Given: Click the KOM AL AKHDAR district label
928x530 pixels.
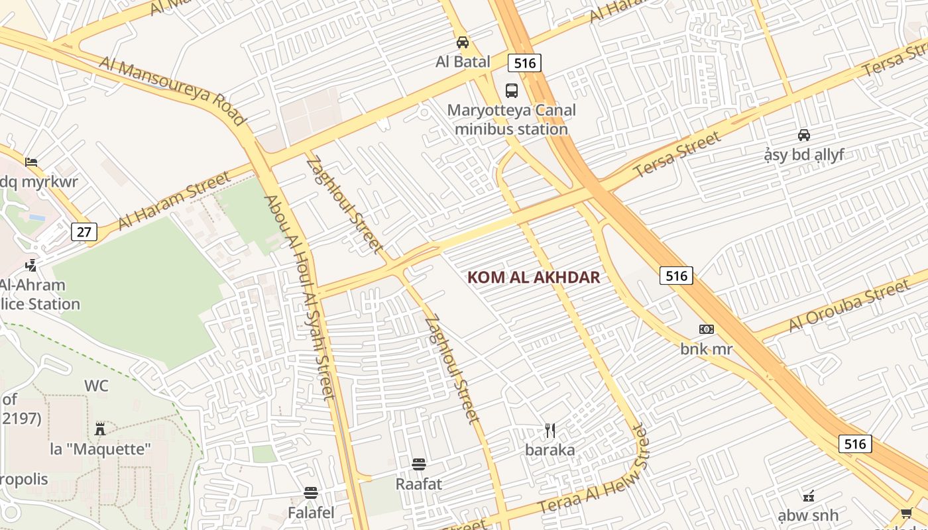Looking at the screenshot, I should [x=534, y=278].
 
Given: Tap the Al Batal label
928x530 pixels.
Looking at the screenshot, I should [x=463, y=62].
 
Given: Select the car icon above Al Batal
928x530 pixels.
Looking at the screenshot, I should [x=463, y=42].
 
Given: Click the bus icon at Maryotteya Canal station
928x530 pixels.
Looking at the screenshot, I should [x=511, y=91].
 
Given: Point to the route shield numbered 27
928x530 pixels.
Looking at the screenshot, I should [x=84, y=232].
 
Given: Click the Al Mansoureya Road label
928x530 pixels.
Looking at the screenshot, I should [x=173, y=91].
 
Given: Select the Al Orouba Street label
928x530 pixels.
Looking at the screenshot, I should [x=848, y=306].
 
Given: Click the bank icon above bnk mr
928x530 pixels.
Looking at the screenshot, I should [x=706, y=329].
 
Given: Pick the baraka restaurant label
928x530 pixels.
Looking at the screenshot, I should [x=550, y=450].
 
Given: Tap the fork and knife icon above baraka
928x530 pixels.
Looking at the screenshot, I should [x=550, y=431].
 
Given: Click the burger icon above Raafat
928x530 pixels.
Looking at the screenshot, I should [x=418, y=464].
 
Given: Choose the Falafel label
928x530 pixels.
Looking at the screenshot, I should [x=311, y=513].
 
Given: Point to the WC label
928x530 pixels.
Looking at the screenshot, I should [x=96, y=386].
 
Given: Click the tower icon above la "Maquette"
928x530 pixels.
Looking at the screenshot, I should [x=100, y=429].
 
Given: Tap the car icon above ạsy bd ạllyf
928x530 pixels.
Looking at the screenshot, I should [x=803, y=135].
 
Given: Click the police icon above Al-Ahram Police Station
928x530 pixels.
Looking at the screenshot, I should [x=30, y=266].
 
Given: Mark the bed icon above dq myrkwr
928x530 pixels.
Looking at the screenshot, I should [x=30, y=162].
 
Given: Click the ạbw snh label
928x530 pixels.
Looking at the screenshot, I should [x=808, y=515].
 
